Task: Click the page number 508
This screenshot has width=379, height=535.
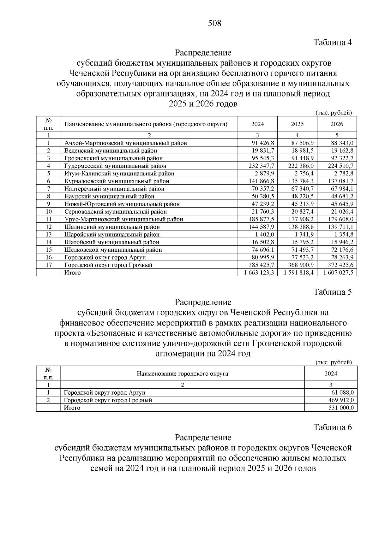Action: point(215,23)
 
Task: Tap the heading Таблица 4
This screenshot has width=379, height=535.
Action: point(332,42)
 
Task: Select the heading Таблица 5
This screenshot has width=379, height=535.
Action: point(332,292)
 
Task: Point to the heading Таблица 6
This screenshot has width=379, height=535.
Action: point(332,427)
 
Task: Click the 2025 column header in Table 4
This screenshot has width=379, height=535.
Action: point(297,124)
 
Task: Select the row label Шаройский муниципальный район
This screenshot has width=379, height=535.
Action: point(112,234)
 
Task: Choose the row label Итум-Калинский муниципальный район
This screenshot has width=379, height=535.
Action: point(119,173)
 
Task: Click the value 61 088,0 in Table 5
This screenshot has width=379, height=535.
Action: point(342,393)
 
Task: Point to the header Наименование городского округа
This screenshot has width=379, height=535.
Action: point(182,374)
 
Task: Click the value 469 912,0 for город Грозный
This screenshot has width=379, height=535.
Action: point(341,400)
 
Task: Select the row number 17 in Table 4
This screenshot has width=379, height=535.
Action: point(49,265)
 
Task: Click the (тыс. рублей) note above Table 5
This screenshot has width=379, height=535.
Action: point(334,362)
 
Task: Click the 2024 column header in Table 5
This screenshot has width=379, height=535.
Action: point(331,374)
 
